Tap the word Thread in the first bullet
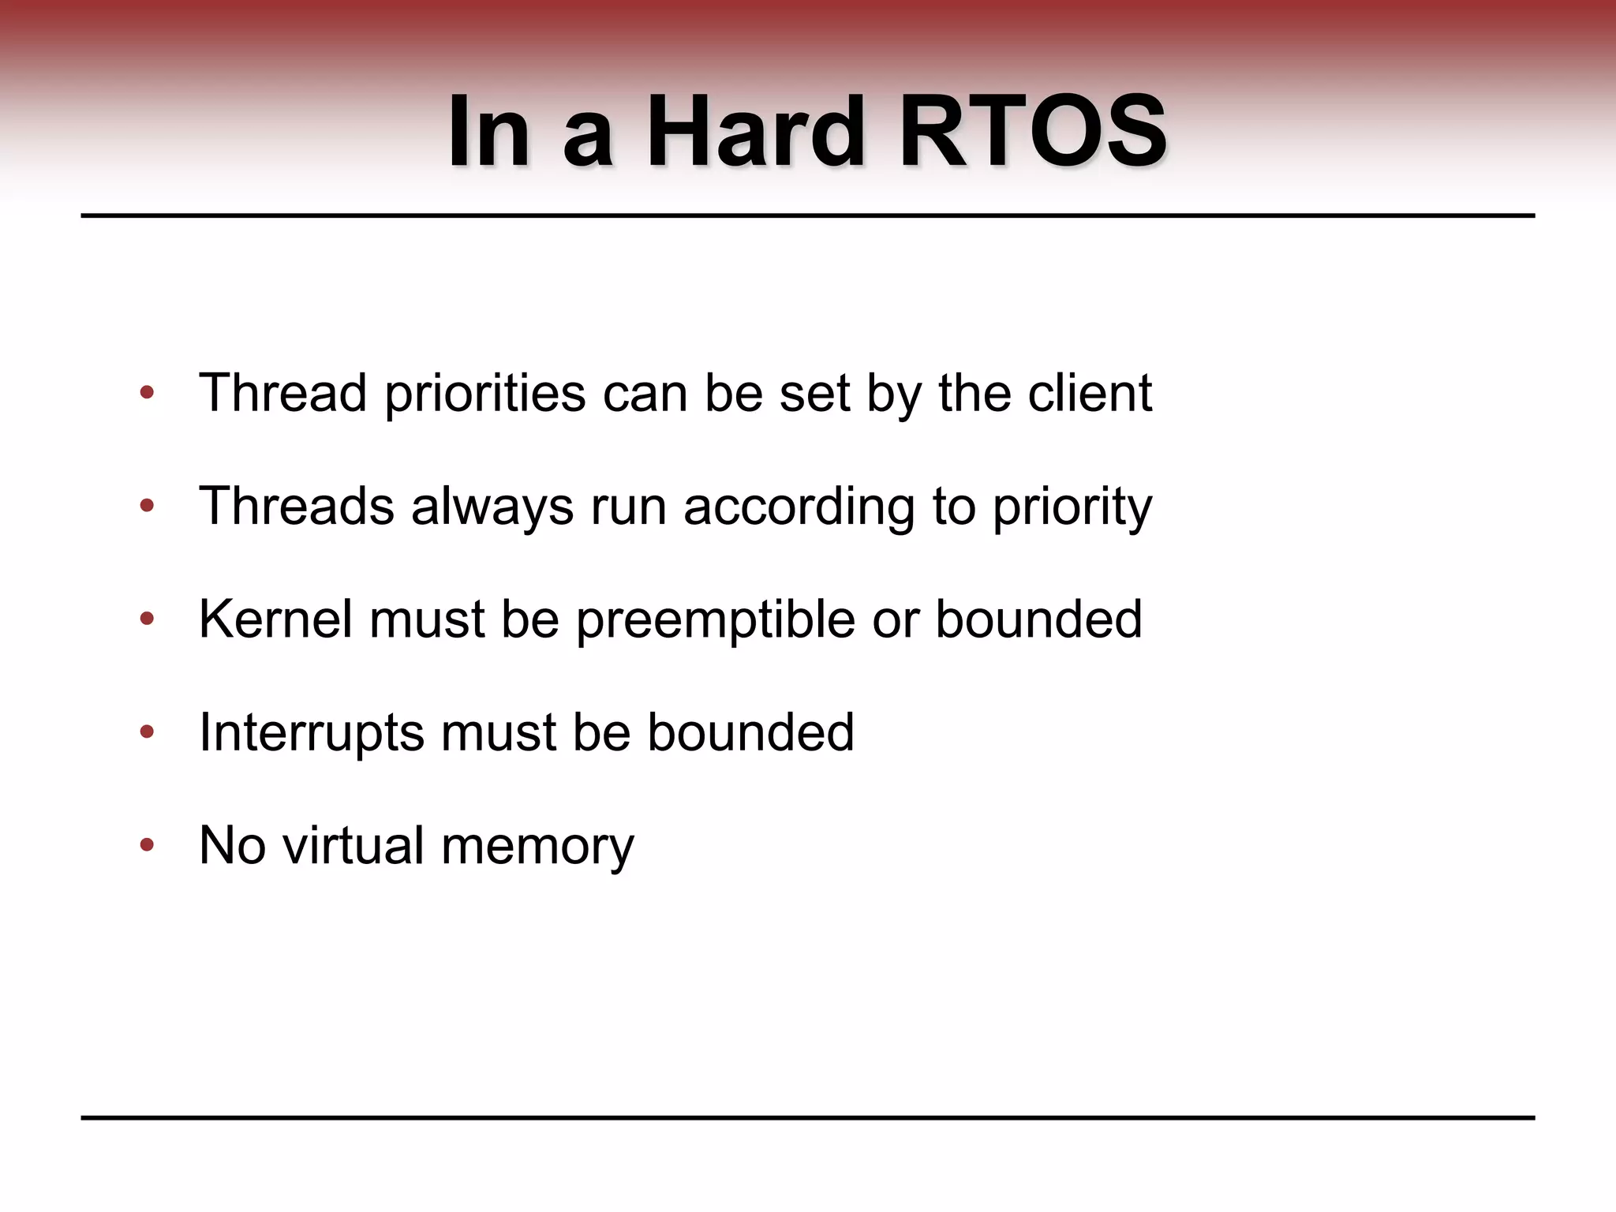point(282,392)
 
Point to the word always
point(492,507)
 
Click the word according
point(799,507)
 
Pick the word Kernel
point(275,619)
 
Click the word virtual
point(353,845)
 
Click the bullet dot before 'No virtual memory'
point(147,846)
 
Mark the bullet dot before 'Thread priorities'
point(147,392)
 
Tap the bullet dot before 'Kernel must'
point(147,619)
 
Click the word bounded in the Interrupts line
point(750,731)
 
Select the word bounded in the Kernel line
point(1038,619)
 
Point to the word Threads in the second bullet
point(296,506)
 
